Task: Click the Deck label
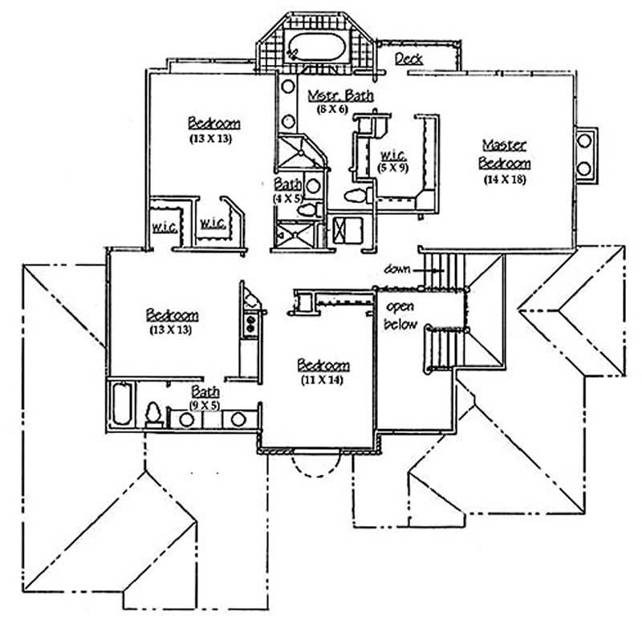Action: click(x=409, y=59)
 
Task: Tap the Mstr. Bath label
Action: click(x=341, y=95)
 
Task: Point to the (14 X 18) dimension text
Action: click(x=505, y=179)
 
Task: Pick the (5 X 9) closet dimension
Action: click(x=392, y=168)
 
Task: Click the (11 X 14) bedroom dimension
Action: click(x=322, y=379)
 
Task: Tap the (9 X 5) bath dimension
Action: click(x=205, y=405)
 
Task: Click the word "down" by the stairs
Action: click(x=398, y=269)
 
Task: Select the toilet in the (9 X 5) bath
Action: click(x=153, y=414)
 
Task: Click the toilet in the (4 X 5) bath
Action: click(x=306, y=210)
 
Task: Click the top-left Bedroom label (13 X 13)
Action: click(x=214, y=124)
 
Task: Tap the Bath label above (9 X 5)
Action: click(x=205, y=392)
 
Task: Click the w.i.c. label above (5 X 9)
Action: click(x=392, y=154)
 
